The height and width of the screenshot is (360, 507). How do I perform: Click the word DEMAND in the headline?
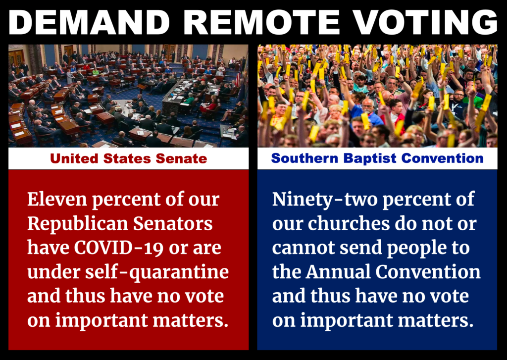click(89, 22)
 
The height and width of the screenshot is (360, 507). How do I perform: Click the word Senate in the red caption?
click(181, 158)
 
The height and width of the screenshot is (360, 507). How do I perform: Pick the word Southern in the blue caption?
click(305, 158)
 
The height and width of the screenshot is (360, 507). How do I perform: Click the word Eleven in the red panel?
click(57, 199)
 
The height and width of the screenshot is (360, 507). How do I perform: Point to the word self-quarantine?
click(157, 272)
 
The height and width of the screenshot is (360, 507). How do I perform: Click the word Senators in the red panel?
click(173, 223)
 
